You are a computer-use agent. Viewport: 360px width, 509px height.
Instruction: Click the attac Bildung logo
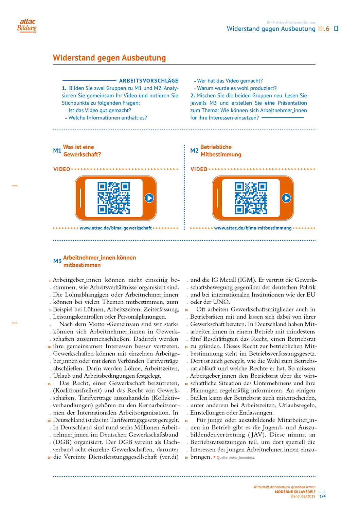27,25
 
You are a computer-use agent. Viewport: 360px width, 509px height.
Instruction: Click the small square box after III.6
336,29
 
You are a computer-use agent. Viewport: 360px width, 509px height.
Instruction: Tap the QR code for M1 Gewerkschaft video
113,198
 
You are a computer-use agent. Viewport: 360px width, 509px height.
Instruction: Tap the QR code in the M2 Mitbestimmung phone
251,198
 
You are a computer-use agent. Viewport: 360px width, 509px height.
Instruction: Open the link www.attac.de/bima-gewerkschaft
115,228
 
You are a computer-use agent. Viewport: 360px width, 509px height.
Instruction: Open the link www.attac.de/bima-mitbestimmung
253,228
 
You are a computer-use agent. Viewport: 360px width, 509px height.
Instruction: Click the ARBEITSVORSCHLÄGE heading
148,81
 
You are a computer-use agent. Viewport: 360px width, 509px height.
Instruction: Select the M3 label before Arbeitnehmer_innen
57,261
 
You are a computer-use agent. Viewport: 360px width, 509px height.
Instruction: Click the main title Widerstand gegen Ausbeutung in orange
109,58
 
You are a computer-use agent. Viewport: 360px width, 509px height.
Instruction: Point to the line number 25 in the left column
49,458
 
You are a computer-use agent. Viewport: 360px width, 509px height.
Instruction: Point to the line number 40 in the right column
186,384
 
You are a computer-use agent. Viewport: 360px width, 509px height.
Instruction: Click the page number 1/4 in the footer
322,496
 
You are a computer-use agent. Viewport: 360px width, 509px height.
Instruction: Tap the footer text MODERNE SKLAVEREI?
295,492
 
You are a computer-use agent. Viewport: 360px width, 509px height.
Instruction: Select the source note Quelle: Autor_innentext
236,458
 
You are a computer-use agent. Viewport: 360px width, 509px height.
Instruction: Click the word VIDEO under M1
62,169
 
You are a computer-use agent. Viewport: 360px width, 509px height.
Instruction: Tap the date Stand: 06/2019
303,496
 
